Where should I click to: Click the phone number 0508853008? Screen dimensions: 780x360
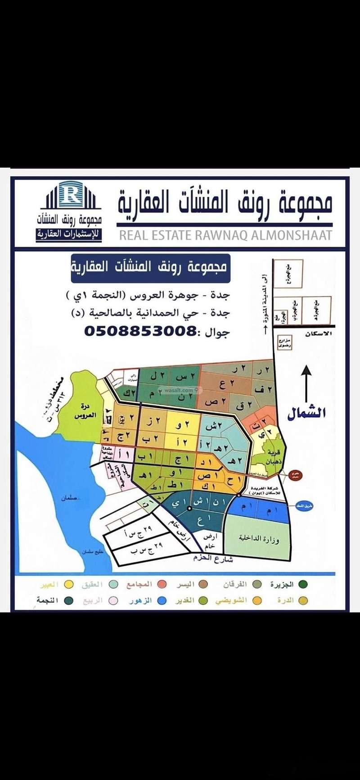click(140, 331)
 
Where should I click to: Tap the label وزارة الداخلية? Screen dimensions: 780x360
click(259, 538)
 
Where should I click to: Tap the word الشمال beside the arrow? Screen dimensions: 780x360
click(306, 413)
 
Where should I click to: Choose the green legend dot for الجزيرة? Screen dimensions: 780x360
click(303, 584)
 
